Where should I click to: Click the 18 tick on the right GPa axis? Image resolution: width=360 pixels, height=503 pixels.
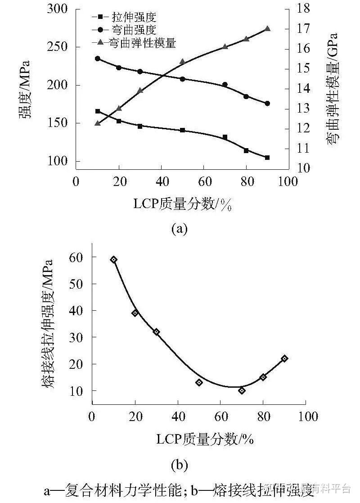302,9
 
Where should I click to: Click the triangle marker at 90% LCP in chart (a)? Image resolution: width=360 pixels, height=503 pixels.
267,29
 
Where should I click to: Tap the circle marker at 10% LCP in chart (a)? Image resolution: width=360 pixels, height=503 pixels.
97,59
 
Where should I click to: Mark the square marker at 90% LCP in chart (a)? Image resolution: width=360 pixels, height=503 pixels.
267,158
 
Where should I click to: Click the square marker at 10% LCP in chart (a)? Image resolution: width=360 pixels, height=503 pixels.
97,111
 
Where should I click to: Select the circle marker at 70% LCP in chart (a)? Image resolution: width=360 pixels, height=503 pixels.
225,85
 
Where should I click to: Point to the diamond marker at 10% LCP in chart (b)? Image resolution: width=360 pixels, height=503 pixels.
114,259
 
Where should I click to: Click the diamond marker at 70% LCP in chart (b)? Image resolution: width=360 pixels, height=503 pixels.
242,390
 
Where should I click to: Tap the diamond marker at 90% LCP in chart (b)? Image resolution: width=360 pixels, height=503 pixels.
284,358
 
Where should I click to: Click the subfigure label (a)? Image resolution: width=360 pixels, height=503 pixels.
179,229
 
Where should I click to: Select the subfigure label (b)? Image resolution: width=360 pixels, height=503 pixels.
179,464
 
